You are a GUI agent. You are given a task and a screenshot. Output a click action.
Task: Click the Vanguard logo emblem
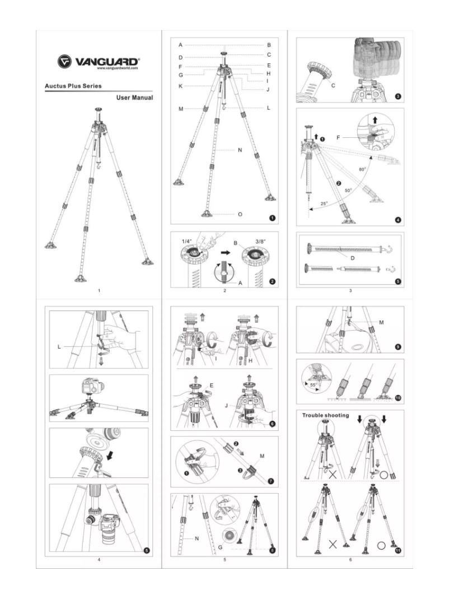[64, 61]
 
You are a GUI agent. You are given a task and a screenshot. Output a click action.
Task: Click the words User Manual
[135, 97]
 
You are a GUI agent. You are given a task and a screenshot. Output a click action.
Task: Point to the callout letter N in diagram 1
[239, 150]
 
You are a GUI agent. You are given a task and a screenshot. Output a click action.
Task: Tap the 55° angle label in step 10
[312, 386]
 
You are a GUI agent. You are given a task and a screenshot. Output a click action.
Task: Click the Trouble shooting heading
[326, 416]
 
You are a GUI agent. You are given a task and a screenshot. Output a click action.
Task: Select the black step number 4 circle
[397, 220]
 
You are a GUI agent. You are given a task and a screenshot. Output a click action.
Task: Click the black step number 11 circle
[397, 551]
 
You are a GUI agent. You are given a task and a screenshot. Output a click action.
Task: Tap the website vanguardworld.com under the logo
[118, 68]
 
